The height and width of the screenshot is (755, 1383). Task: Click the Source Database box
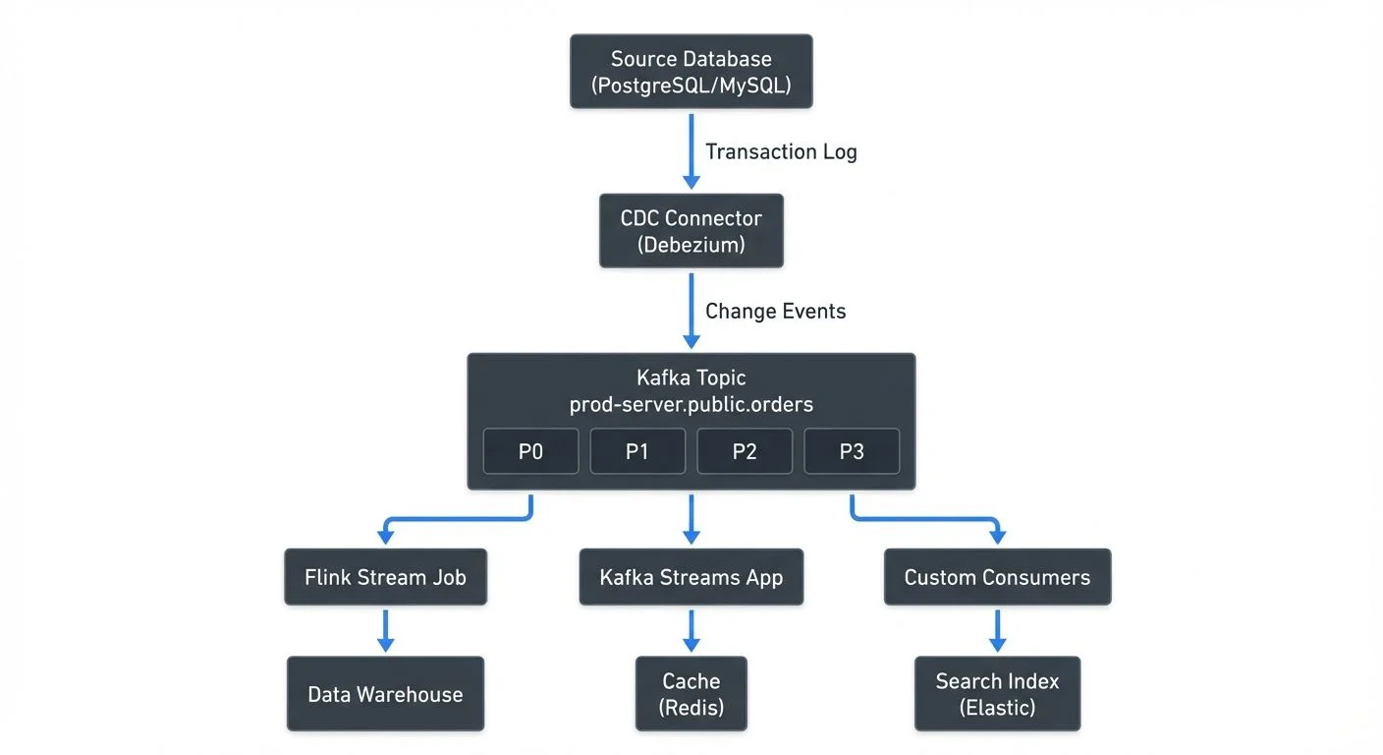(691, 72)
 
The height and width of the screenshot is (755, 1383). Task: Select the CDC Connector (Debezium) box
(691, 231)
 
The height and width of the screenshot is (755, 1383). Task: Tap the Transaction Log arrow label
(781, 151)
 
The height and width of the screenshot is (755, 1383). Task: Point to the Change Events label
(775, 311)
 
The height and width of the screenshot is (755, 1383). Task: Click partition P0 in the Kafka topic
(530, 451)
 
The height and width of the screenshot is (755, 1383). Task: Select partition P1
(637, 451)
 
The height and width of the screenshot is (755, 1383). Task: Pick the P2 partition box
(745, 451)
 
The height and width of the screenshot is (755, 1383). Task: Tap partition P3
(852, 451)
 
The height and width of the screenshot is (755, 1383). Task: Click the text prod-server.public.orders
(691, 404)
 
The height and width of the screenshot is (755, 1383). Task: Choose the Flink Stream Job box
(385, 577)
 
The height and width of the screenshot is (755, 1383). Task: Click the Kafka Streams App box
(691, 577)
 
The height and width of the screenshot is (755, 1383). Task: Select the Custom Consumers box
(997, 577)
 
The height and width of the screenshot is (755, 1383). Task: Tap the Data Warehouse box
(385, 694)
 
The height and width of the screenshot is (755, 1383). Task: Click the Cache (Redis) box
(691, 694)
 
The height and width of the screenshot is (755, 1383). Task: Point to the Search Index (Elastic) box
(997, 694)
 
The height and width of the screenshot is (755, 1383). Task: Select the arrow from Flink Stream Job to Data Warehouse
(385, 629)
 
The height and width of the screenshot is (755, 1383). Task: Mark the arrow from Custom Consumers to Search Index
(997, 629)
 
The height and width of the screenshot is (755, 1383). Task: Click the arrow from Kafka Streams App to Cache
(691, 629)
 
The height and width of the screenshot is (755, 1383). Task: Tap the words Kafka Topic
(691, 377)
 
